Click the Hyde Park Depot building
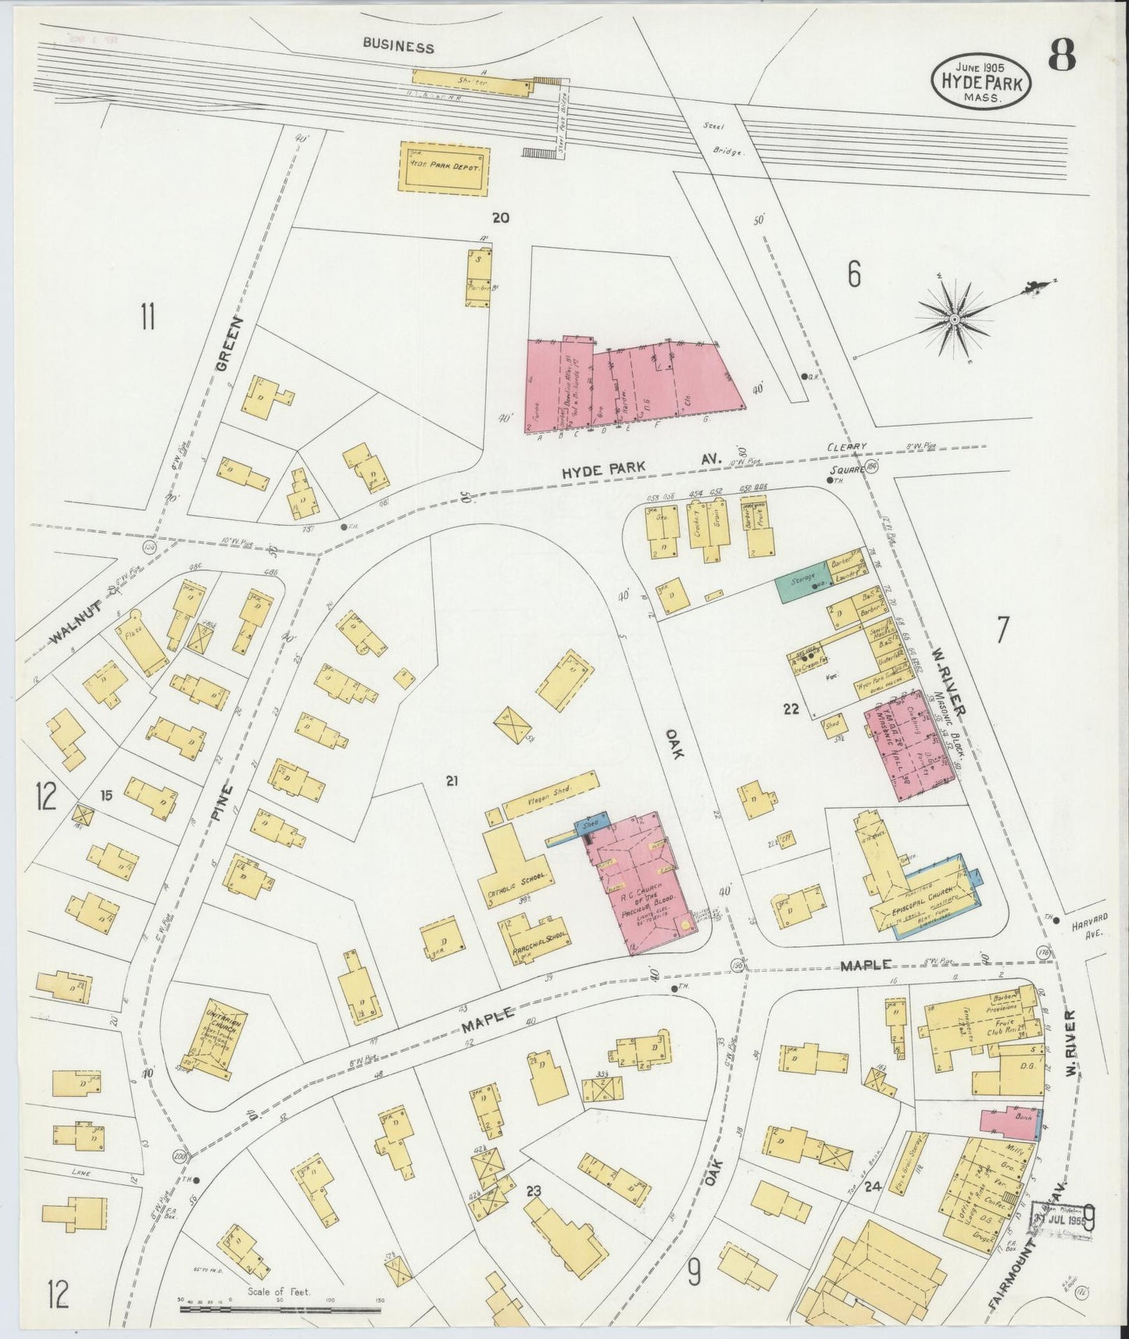(x=445, y=167)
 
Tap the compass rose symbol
(x=955, y=319)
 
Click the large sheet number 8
(x=1062, y=55)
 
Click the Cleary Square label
(x=849, y=459)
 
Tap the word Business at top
(x=398, y=47)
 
